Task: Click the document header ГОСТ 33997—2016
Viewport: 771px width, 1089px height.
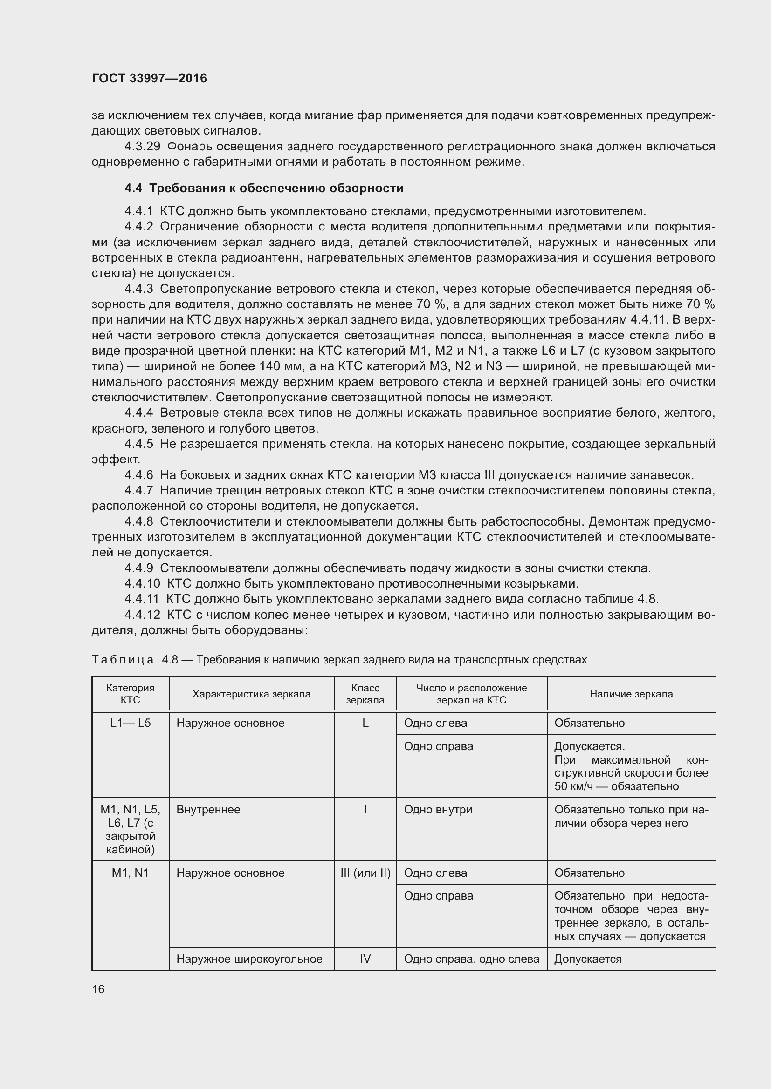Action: click(149, 78)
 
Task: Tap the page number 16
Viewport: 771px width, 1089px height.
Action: click(98, 989)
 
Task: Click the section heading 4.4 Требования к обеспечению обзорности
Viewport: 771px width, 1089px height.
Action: click(264, 188)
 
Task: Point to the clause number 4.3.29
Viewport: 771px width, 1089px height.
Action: click(142, 147)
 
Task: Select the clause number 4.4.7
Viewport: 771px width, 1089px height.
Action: click(138, 490)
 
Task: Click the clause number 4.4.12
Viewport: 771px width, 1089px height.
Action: click(142, 615)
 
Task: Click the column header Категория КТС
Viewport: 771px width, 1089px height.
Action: click(130, 694)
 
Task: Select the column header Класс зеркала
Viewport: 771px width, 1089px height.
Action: click(365, 694)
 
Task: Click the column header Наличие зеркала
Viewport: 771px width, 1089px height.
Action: click(631, 694)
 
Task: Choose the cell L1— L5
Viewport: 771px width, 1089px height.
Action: click(130, 724)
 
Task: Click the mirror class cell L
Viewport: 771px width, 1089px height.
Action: click(365, 724)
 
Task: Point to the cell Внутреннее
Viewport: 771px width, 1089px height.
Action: click(208, 810)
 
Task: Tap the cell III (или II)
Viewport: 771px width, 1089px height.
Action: click(365, 873)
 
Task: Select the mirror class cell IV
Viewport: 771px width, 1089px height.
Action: click(365, 959)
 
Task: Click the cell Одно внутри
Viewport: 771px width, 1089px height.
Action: click(438, 810)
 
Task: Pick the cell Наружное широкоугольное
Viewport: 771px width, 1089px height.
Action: click(249, 959)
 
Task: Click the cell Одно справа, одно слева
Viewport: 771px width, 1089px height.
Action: click(471, 959)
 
